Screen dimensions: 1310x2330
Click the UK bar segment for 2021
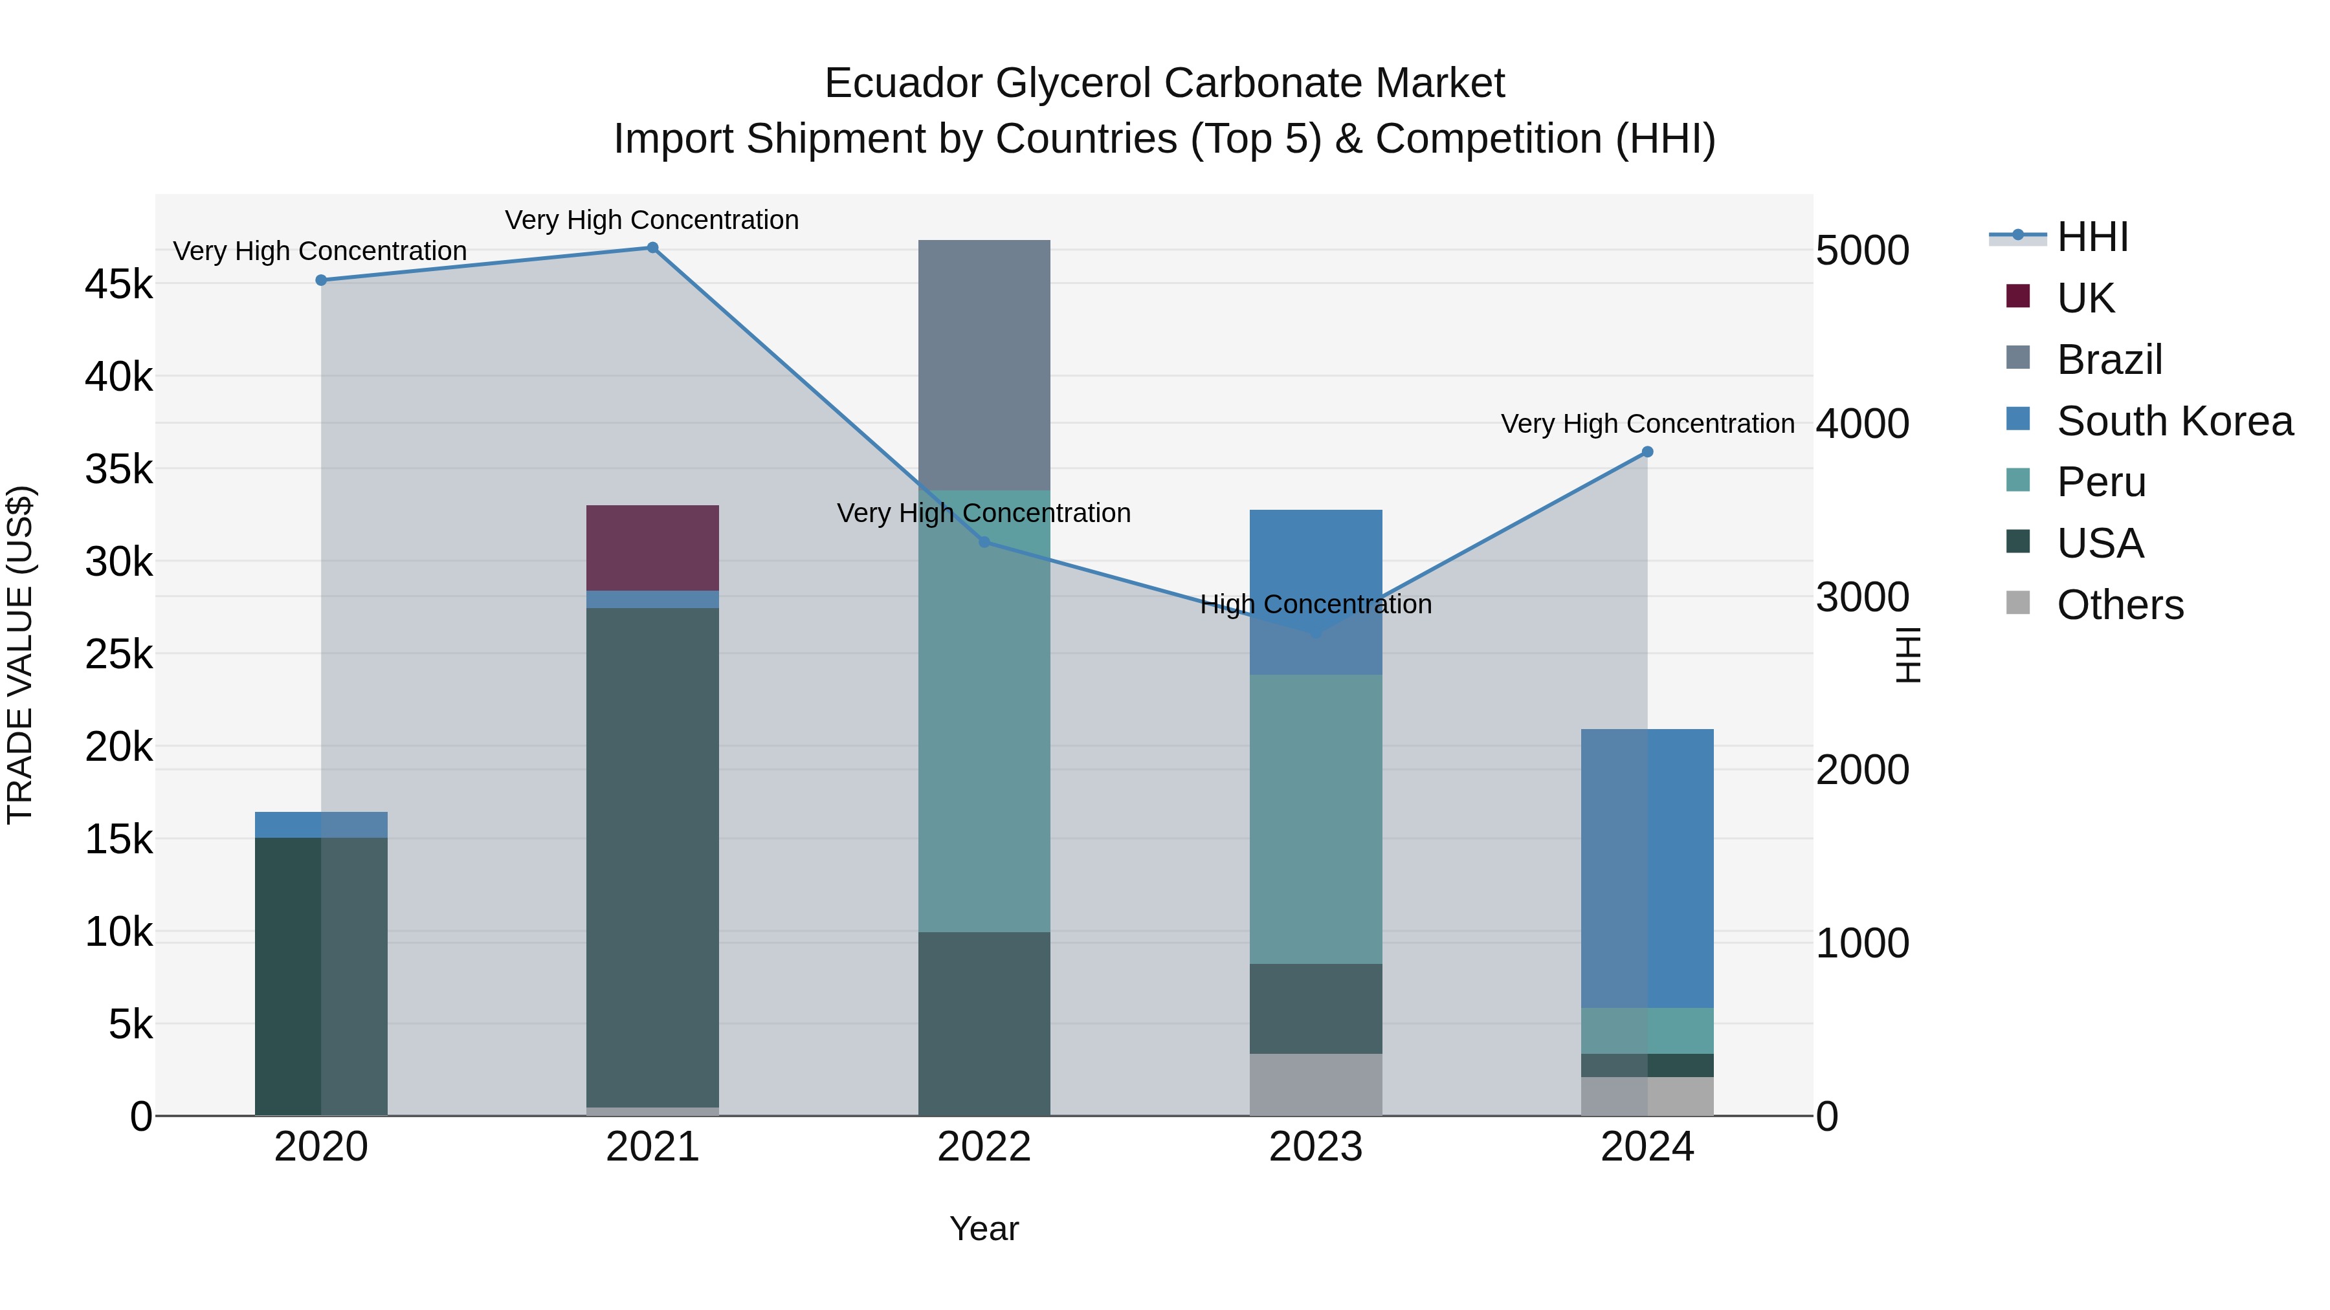coord(652,548)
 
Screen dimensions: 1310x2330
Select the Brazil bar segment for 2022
coord(984,366)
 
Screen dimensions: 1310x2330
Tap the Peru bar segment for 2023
coord(1316,819)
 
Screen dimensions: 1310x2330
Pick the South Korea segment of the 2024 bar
coord(1647,868)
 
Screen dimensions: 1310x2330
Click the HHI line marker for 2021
coord(652,248)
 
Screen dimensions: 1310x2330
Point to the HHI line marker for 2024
coord(1647,452)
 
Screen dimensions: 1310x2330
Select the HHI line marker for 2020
coord(321,280)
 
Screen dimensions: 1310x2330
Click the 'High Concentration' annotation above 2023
coord(1316,604)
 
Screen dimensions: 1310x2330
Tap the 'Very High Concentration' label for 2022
coord(984,512)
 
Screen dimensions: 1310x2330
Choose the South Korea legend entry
coord(2175,421)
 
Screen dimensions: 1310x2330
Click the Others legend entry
coord(2120,605)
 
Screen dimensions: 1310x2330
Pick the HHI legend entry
coord(2092,237)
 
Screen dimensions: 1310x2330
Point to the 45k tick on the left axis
coord(118,285)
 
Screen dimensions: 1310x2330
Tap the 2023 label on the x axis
coord(1316,1147)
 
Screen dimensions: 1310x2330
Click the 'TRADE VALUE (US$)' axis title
coord(20,655)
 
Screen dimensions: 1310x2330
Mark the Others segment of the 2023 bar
coord(1316,1084)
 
